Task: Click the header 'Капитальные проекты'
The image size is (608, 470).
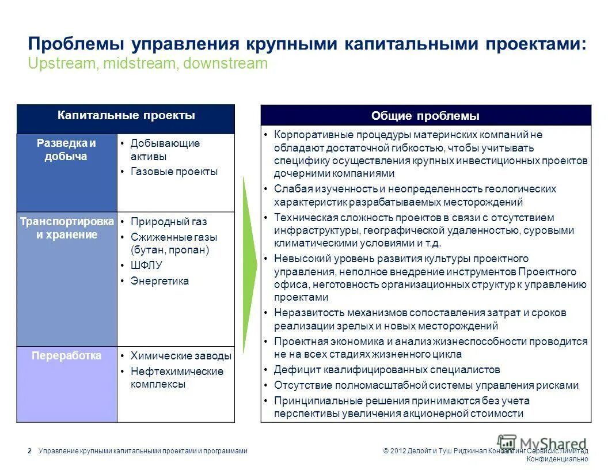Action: click(126, 116)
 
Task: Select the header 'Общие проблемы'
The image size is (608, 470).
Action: click(425, 116)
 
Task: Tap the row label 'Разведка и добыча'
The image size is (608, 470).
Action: click(66, 150)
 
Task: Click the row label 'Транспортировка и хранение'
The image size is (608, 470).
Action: click(67, 228)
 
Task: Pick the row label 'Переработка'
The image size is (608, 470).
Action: click(67, 356)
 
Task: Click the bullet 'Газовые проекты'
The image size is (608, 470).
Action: click(174, 172)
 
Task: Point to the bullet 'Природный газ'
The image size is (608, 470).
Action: click(169, 222)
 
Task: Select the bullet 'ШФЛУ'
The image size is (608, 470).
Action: click(146, 266)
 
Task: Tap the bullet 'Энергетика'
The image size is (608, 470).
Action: click(159, 281)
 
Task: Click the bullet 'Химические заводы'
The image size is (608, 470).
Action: click(181, 356)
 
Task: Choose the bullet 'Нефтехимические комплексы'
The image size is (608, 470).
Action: click(177, 378)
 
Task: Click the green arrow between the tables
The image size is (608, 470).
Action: click(248, 265)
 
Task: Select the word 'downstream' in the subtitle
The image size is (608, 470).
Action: click(226, 63)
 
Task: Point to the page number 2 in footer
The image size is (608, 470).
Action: click(29, 451)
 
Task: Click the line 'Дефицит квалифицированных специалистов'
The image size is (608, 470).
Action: click(386, 370)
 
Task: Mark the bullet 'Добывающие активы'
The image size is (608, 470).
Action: click(165, 150)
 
